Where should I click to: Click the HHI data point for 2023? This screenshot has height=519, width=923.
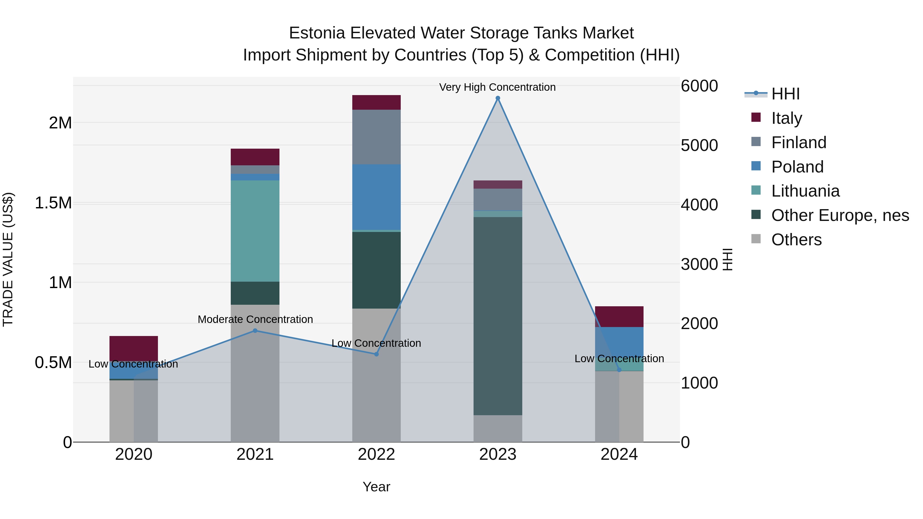point(498,98)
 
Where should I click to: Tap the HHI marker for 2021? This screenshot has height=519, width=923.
point(255,331)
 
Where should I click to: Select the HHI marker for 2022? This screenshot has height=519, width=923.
point(376,354)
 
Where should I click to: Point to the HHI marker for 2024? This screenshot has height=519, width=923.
point(619,370)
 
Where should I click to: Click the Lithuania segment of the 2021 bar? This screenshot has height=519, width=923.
point(255,231)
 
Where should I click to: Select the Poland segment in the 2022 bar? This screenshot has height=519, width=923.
point(376,197)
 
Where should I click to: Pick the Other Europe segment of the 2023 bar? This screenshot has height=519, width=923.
point(498,315)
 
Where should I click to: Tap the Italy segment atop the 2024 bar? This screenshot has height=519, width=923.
point(619,317)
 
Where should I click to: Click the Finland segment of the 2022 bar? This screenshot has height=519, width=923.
point(376,137)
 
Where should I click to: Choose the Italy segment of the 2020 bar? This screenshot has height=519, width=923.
point(134,348)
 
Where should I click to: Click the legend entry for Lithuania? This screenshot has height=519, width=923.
point(805,191)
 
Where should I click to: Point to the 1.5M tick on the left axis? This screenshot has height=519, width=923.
point(53,203)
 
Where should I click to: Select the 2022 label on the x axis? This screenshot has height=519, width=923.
point(376,454)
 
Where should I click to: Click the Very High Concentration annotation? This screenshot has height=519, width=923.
point(497,87)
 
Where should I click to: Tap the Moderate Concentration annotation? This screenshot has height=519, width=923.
point(255,319)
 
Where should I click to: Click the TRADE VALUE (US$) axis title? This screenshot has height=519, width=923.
point(8,259)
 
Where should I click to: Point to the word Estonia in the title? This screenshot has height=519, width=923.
point(317,33)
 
